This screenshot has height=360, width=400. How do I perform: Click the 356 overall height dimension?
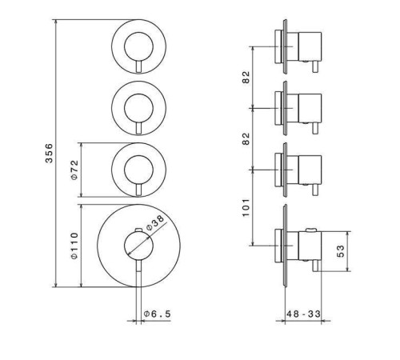click(x=49, y=153)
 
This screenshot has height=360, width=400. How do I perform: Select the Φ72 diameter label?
click(x=74, y=170)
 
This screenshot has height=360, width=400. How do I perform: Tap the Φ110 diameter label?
click(x=74, y=246)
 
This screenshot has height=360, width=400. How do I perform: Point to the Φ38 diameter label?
click(x=154, y=223)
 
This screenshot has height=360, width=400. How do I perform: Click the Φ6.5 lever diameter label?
click(x=157, y=314)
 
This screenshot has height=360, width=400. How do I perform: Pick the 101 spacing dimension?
click(x=246, y=207)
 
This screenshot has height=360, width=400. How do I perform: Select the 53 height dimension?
click(x=341, y=251)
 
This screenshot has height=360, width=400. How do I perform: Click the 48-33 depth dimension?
click(x=303, y=314)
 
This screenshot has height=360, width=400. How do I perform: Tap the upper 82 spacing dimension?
click(x=246, y=77)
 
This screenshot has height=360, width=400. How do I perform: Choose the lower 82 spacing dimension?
click(x=246, y=138)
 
